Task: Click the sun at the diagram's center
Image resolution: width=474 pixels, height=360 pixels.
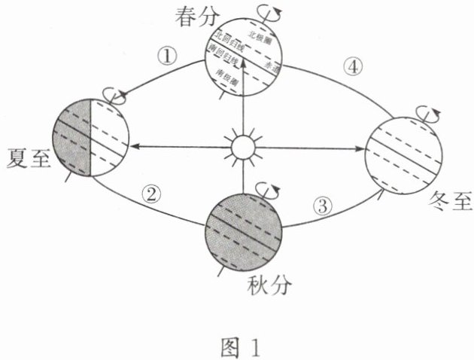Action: click(x=244, y=146)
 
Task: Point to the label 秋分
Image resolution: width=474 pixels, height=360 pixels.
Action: click(x=268, y=285)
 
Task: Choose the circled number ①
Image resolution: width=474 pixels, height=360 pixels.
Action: click(x=165, y=57)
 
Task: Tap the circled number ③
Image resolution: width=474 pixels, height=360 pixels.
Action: click(x=324, y=203)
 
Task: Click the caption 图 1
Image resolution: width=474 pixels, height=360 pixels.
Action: click(x=238, y=348)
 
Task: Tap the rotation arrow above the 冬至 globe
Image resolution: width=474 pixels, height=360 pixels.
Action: click(x=434, y=114)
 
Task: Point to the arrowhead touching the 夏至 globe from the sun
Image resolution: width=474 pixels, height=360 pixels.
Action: click(x=130, y=146)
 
